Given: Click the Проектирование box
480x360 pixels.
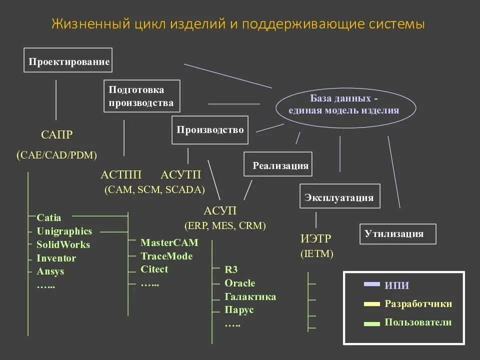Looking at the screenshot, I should pos(68,60).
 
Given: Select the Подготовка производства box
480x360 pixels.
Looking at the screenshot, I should pos(142,96).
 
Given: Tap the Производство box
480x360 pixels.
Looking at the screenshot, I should pos(210,130).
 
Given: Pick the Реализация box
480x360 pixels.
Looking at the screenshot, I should pos(278,164).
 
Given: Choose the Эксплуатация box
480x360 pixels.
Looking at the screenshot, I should pos(339,196).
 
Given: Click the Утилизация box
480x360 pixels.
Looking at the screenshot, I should pos(397,233).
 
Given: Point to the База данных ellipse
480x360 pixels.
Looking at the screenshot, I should pos(346,104).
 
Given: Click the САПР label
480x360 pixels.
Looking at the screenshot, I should pos(56,134).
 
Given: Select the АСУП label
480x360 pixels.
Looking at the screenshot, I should pos(220,210).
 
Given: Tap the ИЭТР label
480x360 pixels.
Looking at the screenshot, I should pos(316,238).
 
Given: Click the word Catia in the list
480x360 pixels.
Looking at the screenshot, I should pos(49,218).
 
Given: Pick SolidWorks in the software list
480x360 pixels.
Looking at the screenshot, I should pos(63,245).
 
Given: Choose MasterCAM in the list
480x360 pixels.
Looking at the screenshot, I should pos(169,243).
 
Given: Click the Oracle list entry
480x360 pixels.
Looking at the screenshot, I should pos(240,283).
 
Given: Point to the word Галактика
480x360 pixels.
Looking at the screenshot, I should pos(250,297).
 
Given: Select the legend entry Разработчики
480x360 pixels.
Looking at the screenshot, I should pos(418,304).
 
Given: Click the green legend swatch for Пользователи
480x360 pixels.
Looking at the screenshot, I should pos(372,323).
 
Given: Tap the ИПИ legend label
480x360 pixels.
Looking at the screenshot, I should pos(396,285).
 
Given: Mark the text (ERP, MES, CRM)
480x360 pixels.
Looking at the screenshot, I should pos(225,225).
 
